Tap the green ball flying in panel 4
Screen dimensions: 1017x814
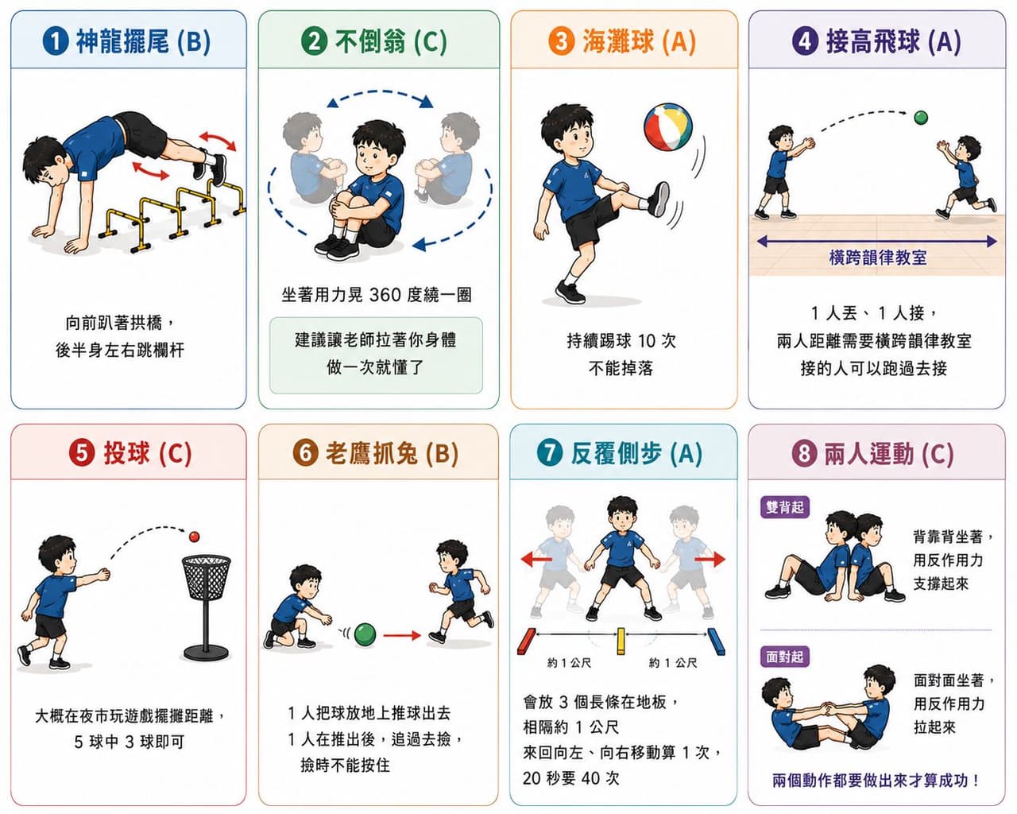point(921,118)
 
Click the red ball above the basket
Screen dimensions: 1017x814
point(194,537)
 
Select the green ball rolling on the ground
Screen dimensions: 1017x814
point(365,634)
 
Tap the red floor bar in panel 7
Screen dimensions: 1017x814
point(527,642)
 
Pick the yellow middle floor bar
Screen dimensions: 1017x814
point(621,642)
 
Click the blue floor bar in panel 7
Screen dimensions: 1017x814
point(716,642)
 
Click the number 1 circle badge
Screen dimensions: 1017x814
point(56,41)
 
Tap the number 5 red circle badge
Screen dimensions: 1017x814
point(82,452)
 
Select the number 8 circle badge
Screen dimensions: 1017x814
point(804,453)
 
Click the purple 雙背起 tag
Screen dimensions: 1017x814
point(784,507)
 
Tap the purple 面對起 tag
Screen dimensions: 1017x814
point(784,657)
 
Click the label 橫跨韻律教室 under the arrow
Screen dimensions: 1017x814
point(878,258)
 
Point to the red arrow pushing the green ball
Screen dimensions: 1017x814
point(402,635)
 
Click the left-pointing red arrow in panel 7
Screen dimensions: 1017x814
point(536,560)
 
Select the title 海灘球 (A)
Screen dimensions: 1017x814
point(639,41)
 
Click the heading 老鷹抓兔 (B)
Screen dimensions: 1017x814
point(392,453)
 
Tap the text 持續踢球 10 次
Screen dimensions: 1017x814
point(621,340)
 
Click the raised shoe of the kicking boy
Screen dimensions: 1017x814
point(659,199)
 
